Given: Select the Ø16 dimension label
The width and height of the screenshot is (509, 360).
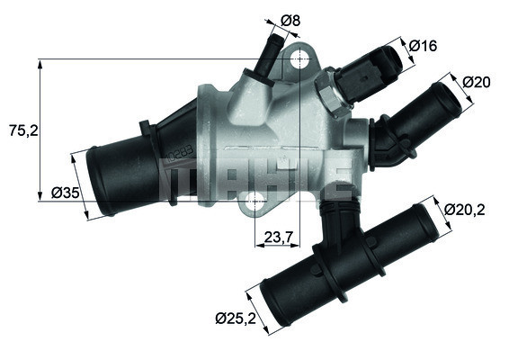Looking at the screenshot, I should tap(422, 45).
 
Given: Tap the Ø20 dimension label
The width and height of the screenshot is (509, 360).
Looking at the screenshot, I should tap(476, 83).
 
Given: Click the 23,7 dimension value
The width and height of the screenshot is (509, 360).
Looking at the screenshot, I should tap(279, 238).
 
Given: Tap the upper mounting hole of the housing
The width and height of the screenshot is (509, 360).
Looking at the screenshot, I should tap(298, 60).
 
